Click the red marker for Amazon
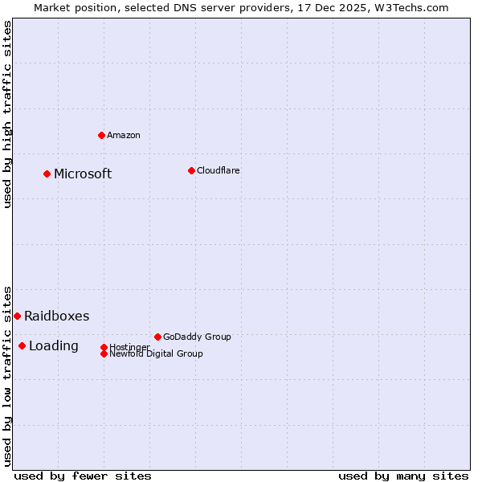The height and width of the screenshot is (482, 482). click(101, 135)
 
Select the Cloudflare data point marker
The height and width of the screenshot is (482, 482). click(191, 170)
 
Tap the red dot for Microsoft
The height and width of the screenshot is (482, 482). click(47, 174)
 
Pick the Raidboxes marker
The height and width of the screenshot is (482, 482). click(17, 316)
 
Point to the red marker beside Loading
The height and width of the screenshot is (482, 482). click(22, 345)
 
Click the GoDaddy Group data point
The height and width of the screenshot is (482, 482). click(157, 337)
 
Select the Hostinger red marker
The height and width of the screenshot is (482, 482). click(104, 347)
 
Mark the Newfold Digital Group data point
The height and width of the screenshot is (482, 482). click(104, 353)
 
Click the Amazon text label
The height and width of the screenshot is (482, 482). click(124, 135)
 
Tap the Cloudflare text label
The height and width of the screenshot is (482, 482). click(218, 170)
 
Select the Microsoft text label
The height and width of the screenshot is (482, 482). click(83, 174)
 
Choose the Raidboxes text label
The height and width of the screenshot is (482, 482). click(56, 316)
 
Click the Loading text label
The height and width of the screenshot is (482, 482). click(54, 345)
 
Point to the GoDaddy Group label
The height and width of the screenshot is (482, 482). click(197, 337)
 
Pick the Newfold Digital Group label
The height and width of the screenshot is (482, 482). click(156, 353)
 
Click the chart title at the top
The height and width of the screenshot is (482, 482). click(241, 7)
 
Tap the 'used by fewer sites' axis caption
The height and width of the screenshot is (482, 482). click(83, 476)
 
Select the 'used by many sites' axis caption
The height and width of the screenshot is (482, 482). click(403, 476)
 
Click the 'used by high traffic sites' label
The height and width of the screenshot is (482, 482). click(7, 114)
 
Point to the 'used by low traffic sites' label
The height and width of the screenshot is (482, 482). click(7, 375)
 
